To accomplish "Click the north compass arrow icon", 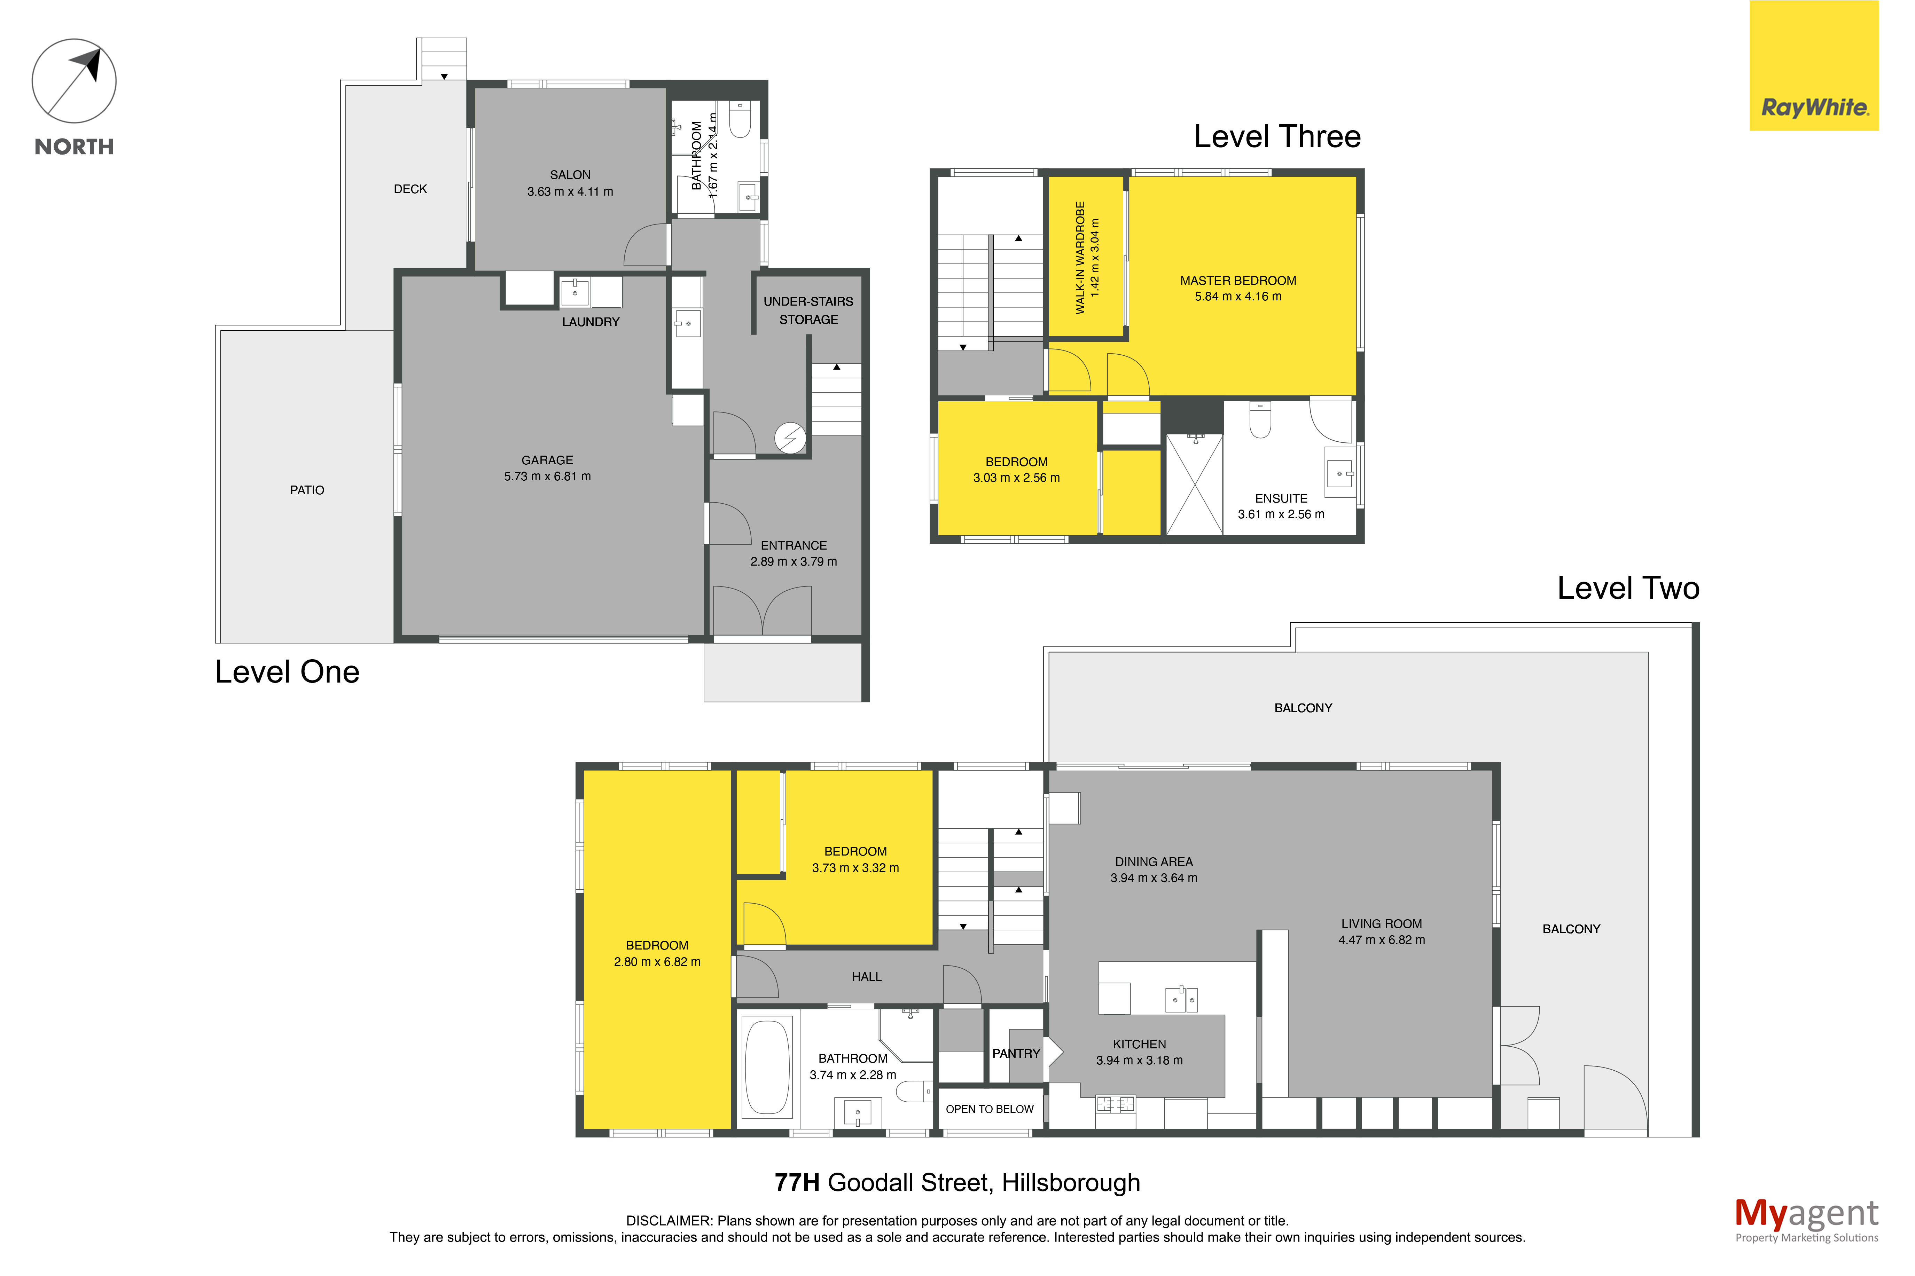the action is pyautogui.click(x=74, y=81).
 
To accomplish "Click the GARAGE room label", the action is pyautogui.click(x=547, y=460).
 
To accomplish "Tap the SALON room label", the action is pyautogui.click(x=570, y=175).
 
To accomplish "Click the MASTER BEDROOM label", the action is pyautogui.click(x=1238, y=281).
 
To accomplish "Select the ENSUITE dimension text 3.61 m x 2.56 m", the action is pyautogui.click(x=1281, y=514).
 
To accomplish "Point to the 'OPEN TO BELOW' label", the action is pyautogui.click(x=990, y=1109).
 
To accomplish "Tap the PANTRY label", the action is pyautogui.click(x=1016, y=1054).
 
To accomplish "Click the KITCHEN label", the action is pyautogui.click(x=1139, y=1044).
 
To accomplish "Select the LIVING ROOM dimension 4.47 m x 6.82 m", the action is pyautogui.click(x=1382, y=940).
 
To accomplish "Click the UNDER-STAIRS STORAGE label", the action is pyautogui.click(x=808, y=310).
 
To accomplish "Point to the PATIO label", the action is pyautogui.click(x=307, y=490).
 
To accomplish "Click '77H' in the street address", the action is pyautogui.click(x=797, y=1182).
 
